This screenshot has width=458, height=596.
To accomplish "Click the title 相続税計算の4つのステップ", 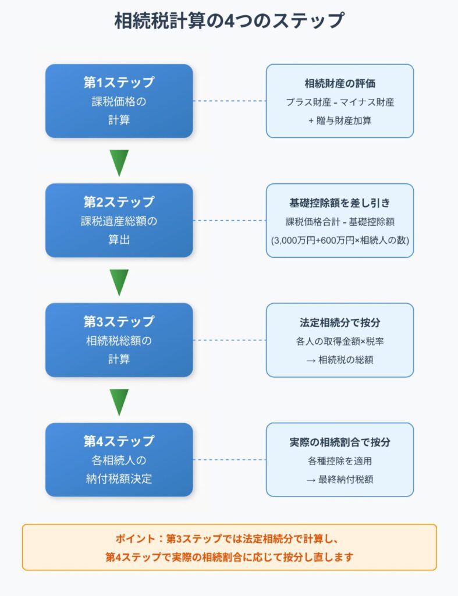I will [229, 22].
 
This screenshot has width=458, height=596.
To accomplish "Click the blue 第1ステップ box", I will [119, 101].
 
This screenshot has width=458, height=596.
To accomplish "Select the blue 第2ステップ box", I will [119, 220].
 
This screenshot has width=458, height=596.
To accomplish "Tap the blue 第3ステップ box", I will [119, 340].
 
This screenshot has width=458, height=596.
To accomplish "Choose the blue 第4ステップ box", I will [119, 459].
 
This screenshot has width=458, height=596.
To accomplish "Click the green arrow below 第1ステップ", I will [119, 162].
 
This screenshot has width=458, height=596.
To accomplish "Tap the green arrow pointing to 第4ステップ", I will [119, 402].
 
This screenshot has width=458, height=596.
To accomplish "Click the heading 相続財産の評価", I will [340, 83].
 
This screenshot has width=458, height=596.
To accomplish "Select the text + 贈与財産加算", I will [340, 120].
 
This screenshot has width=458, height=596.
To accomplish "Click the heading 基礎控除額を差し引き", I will [340, 203].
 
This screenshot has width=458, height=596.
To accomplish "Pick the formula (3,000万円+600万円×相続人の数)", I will [340, 240].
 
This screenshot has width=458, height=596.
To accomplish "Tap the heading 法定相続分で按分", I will [340, 322].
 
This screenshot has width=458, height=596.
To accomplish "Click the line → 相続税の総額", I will [340, 360].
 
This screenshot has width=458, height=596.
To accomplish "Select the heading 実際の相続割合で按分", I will [340, 442].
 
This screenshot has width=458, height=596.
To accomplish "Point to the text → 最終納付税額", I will [340, 480].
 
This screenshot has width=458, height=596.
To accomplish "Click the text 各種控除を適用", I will [340, 461].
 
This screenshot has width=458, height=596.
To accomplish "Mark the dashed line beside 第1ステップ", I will [229, 101].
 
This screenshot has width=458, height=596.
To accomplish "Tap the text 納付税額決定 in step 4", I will [119, 479].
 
